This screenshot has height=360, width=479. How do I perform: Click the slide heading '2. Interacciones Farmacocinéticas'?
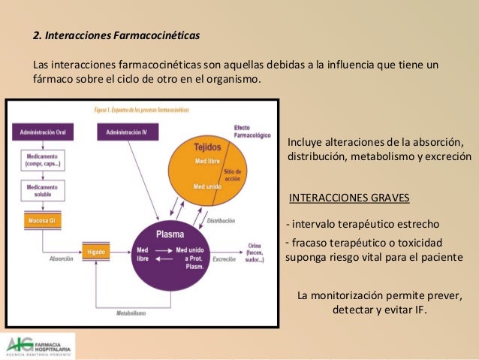pos(116,35)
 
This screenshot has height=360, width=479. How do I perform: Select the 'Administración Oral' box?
pos(42,133)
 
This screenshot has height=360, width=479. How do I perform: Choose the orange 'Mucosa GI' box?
pos(42,221)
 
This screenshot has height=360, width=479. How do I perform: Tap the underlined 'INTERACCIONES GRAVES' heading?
pos(349,198)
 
